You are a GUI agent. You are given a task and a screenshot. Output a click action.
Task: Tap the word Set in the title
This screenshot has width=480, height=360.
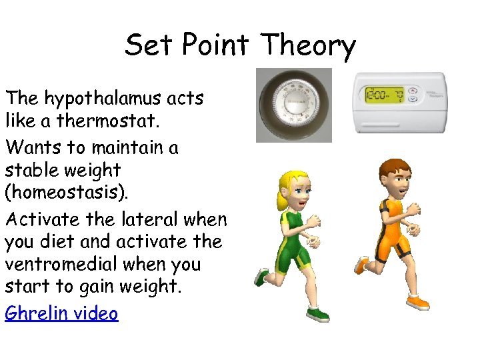148,45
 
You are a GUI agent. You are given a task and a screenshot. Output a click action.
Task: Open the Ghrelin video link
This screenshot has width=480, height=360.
61,313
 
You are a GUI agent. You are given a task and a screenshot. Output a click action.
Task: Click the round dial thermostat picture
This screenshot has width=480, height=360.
294,105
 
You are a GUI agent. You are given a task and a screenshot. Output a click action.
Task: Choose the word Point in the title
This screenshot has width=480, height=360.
215,45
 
